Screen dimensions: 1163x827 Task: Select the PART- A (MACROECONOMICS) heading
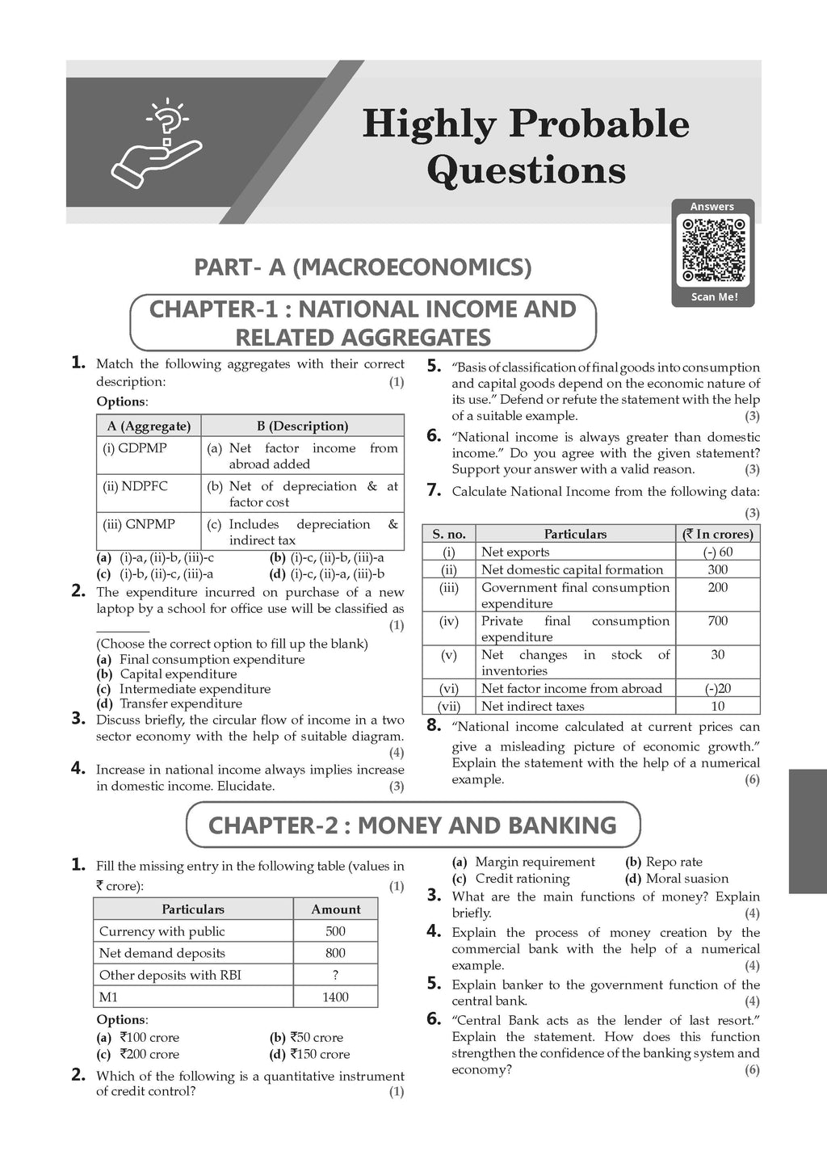(363, 267)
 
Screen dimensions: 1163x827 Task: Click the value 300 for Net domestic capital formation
(717, 569)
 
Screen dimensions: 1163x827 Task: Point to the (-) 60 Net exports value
(717, 552)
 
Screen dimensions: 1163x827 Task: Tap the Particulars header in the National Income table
(575, 534)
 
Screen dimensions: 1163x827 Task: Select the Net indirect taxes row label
(532, 706)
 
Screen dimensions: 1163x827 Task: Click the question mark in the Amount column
(335, 975)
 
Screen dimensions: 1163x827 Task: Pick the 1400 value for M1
(335, 997)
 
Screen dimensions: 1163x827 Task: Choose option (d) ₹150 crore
(315, 1054)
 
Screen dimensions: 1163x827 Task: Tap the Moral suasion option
(686, 879)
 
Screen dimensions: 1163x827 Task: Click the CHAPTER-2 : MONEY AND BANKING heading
(412, 825)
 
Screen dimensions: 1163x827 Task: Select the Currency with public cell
(162, 931)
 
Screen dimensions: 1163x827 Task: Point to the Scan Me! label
(713, 296)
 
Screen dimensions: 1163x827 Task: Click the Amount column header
(335, 909)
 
